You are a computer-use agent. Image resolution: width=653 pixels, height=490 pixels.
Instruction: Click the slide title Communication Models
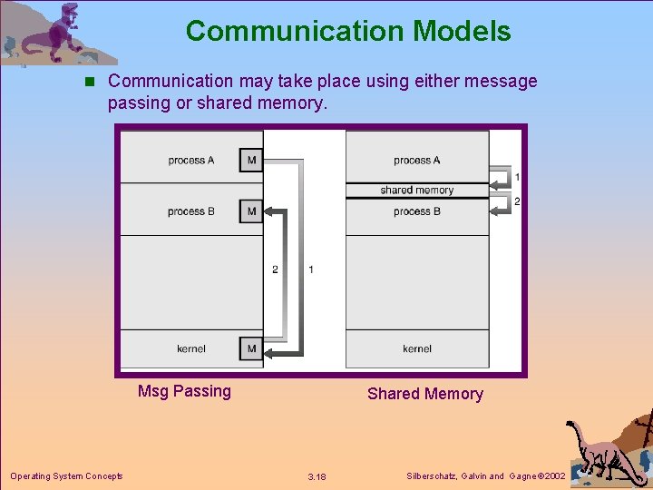coord(348,32)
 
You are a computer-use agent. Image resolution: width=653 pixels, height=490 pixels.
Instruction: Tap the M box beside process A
coord(251,161)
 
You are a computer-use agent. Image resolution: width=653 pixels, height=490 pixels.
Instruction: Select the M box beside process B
coord(251,211)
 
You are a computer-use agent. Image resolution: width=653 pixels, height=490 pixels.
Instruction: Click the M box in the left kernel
coord(251,348)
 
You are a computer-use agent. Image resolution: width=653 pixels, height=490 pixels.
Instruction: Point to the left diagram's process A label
coord(191,161)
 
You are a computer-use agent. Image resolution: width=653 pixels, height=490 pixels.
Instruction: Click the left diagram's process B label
coord(191,211)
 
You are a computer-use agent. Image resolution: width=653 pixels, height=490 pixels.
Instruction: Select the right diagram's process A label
coord(417,161)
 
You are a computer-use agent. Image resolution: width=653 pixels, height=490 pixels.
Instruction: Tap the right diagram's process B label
coord(417,211)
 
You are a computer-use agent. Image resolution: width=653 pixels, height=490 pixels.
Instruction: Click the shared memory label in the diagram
coord(417,191)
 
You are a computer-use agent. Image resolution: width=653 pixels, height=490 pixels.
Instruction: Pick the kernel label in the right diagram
coord(417,348)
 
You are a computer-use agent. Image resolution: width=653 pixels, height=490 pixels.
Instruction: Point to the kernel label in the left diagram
coord(191,348)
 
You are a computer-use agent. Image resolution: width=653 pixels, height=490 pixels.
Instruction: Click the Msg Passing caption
coord(184,391)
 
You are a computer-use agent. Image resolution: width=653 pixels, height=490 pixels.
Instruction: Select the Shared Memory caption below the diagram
coord(424,394)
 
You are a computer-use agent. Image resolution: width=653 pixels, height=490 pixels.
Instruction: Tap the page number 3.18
coord(317,477)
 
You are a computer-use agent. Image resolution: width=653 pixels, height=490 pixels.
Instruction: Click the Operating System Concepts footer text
coord(66,476)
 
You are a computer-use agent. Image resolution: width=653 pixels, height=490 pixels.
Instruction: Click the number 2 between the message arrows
coord(276,269)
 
